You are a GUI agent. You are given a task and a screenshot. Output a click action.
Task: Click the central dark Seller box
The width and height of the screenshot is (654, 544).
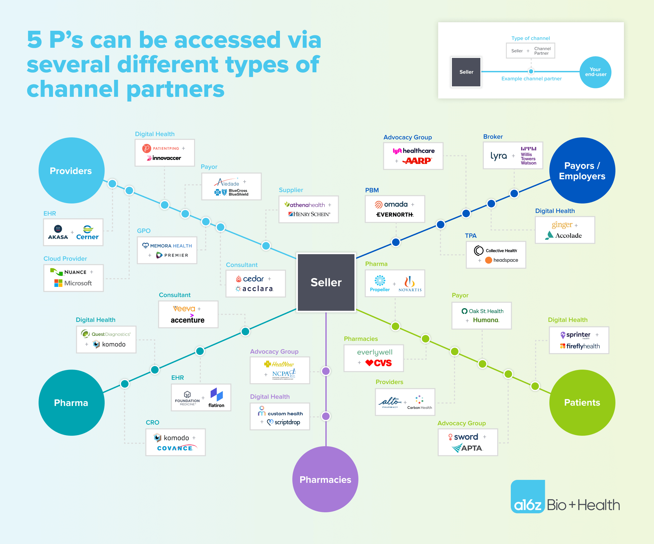point(326,282)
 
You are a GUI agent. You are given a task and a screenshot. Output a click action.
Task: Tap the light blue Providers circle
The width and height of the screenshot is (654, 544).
point(71,170)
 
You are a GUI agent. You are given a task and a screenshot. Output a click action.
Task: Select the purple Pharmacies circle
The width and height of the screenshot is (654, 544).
point(325,479)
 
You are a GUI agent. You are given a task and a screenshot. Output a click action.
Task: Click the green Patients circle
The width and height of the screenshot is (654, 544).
point(582,402)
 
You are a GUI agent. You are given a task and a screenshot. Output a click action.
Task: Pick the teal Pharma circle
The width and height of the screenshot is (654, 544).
point(71,402)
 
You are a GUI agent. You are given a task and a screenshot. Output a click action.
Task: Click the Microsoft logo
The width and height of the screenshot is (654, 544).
point(73,283)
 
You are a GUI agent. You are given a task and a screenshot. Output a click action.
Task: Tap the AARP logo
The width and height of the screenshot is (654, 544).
point(417,161)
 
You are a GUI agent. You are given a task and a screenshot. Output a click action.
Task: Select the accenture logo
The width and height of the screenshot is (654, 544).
point(187,320)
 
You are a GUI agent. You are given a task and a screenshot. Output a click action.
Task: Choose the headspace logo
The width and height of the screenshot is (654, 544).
point(502,260)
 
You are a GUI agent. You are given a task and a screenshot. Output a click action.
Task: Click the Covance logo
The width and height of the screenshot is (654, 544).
point(176,448)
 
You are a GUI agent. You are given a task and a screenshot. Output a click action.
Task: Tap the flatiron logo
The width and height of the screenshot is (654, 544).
point(216,397)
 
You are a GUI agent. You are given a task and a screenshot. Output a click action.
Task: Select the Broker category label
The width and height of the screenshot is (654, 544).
point(493,137)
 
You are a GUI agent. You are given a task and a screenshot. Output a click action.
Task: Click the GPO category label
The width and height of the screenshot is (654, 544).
point(144,231)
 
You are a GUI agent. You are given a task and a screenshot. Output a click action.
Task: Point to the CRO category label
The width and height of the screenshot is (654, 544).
point(152,422)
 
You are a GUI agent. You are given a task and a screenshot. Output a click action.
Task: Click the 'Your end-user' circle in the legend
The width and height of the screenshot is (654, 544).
point(595,72)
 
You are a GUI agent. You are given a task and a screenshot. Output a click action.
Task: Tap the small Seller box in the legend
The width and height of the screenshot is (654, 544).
point(466,72)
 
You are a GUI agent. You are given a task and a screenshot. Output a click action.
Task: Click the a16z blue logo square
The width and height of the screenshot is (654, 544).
point(527,496)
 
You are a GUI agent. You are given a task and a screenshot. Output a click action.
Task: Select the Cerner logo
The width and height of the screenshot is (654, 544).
point(87,233)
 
